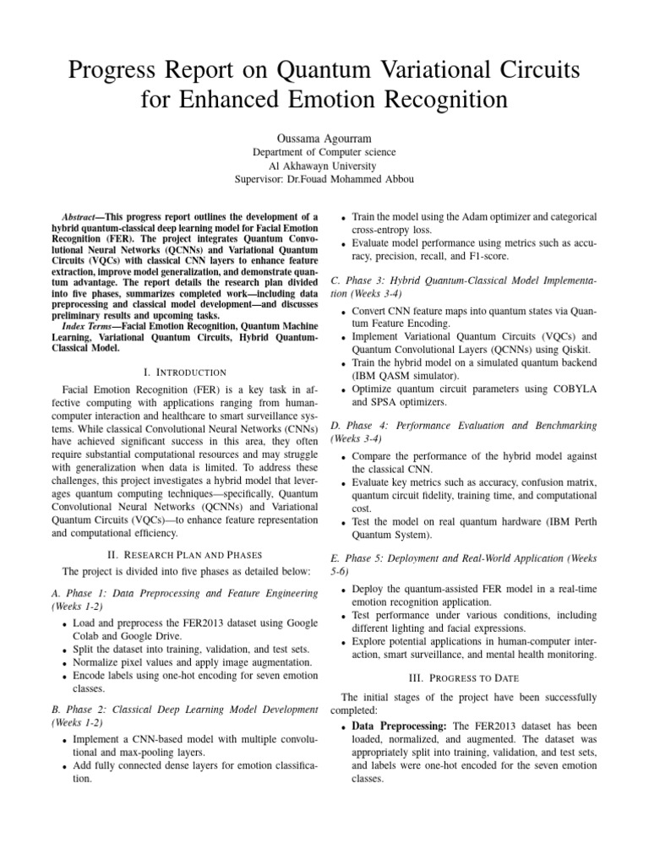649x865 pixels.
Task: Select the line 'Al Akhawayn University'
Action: [324, 166]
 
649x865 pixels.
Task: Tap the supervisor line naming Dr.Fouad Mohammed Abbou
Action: [324, 180]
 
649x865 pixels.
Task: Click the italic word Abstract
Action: [84, 217]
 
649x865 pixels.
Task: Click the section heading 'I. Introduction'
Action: [185, 372]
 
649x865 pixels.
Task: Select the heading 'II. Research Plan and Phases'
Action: [185, 555]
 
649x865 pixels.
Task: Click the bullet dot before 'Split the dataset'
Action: [65, 650]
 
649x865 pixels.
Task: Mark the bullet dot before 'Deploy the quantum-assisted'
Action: [342, 589]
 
